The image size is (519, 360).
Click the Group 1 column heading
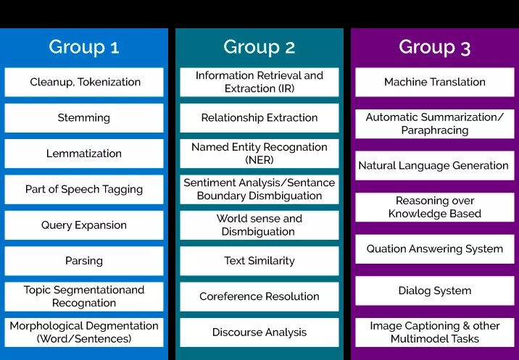tap(84, 47)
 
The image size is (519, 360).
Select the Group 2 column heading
tap(259, 47)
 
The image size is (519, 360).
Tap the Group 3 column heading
tap(435, 47)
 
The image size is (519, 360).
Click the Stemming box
tap(84, 118)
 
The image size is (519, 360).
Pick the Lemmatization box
tap(84, 154)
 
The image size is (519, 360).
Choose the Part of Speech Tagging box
tap(84, 189)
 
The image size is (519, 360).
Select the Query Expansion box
tap(84, 225)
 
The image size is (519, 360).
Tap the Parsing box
tap(84, 261)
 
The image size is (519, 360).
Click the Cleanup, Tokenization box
tap(84, 82)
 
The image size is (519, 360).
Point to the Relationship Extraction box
tap(259, 118)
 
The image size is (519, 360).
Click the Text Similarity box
tap(259, 261)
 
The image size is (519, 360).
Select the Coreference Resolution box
tap(259, 296)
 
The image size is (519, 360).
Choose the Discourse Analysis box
tap(259, 332)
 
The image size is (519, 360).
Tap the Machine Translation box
tap(435, 82)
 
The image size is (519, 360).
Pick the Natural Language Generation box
tap(435, 165)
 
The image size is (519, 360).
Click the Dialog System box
tap(435, 290)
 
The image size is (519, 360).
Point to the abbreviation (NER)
tap(259, 160)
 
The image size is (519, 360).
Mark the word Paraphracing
tap(435, 130)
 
